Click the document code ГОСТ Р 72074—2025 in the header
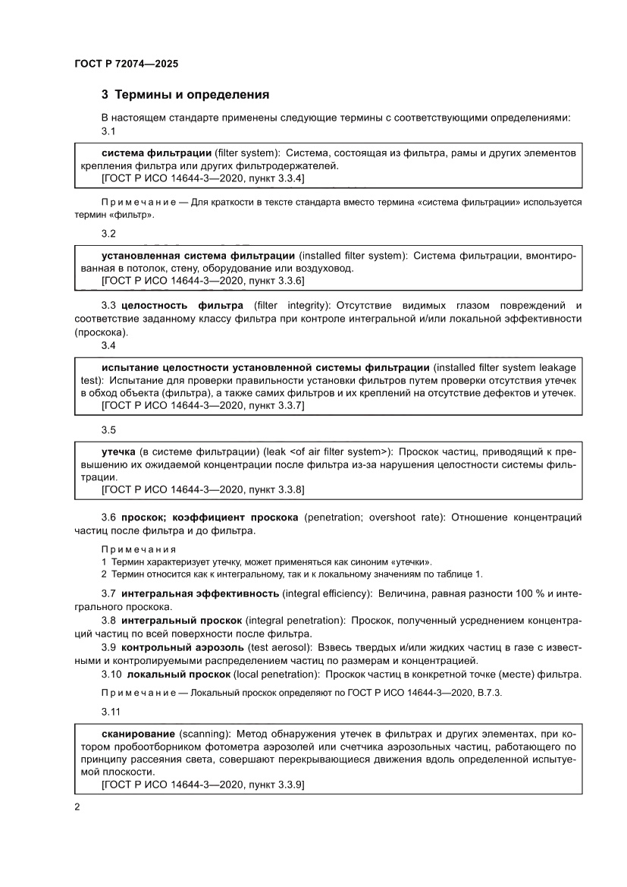(x=126, y=64)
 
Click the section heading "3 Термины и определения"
(x=186, y=96)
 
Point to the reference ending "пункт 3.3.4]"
(x=281, y=178)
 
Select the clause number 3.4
(x=108, y=345)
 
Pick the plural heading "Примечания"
(x=139, y=549)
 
